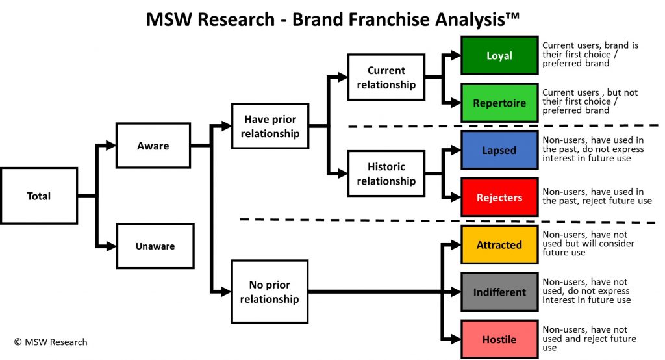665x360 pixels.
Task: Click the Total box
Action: coord(39,196)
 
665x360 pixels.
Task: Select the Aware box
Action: coord(153,146)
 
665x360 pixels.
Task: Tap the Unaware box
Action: coord(155,246)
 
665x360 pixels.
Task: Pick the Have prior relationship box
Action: coord(270,126)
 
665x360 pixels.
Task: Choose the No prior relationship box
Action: coord(270,292)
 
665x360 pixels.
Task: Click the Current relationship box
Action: coord(386,77)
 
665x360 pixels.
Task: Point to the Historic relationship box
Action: coord(386,174)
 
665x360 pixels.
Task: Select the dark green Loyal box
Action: coord(499,56)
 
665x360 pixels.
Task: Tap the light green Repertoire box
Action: coord(499,103)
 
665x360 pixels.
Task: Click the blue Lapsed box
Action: coord(499,150)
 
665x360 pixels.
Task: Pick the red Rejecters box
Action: coord(499,198)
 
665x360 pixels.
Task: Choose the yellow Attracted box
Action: coord(499,245)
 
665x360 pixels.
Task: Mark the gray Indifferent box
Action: coord(499,292)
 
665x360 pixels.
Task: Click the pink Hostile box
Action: coord(499,340)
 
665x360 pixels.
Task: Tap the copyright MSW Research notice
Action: coord(51,342)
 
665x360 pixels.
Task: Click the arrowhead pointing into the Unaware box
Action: coord(111,246)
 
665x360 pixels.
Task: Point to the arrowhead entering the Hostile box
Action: coord(455,339)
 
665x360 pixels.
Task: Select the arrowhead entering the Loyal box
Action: coord(455,55)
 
